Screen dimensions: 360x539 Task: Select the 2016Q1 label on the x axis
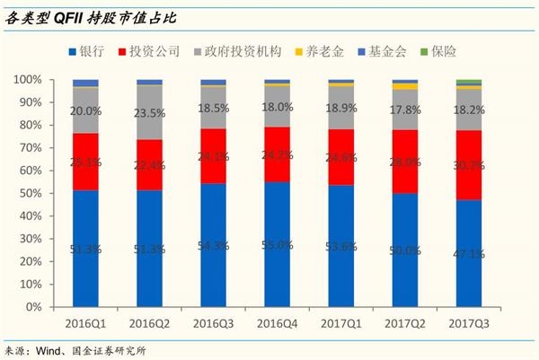click(x=85, y=320)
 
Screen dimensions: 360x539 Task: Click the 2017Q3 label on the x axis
click(x=469, y=320)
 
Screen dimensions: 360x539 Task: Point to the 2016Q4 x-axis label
click(x=278, y=320)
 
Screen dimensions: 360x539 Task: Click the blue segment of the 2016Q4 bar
click(x=278, y=244)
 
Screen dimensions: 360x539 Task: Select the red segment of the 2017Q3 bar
click(x=469, y=165)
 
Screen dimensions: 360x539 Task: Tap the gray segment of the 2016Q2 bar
click(x=150, y=112)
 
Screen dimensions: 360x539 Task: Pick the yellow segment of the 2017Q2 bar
click(x=405, y=87)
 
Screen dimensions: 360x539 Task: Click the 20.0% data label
click(x=85, y=110)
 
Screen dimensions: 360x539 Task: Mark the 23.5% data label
click(x=150, y=113)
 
